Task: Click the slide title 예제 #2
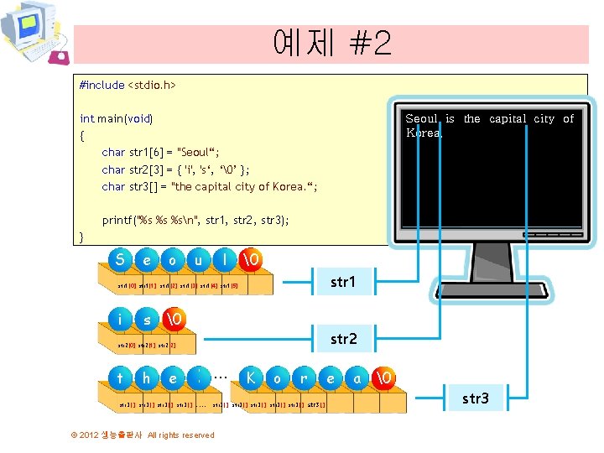(331, 44)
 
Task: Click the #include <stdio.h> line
(128, 85)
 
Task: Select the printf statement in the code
(195, 221)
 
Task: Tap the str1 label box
(342, 282)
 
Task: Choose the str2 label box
(343, 339)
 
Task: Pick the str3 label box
(475, 398)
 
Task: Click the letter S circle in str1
(122, 261)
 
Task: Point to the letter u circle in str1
(199, 261)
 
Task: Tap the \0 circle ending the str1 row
(251, 261)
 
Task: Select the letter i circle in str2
(122, 320)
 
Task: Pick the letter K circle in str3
(251, 378)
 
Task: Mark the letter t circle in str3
(122, 378)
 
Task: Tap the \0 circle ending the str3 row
(383, 378)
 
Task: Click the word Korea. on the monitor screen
(424, 133)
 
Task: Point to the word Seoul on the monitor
(422, 119)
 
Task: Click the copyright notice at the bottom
(143, 435)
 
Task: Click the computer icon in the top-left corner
(34, 34)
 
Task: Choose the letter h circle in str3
(147, 378)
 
